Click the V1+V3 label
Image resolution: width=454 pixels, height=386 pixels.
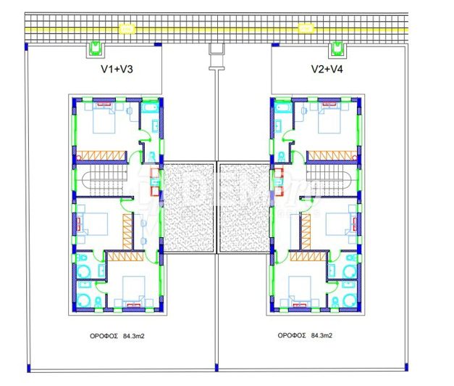coord(117,70)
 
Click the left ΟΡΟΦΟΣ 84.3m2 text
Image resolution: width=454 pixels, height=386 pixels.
coord(117,336)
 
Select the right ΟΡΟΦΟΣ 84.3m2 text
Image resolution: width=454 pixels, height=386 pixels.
coord(308,336)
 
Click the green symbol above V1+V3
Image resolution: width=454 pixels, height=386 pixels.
coord(95,49)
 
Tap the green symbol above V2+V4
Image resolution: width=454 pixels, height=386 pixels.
coord(336,49)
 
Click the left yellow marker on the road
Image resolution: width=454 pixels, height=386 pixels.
coord(126,28)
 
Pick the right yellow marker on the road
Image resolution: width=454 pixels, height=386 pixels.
coord(306,28)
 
